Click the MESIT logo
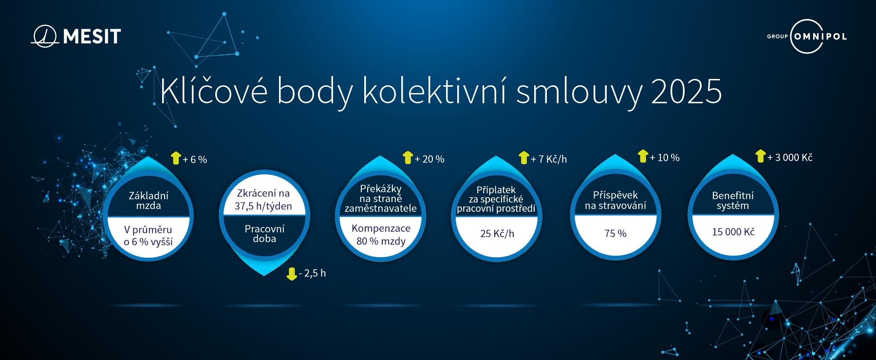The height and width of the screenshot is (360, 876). [76, 36]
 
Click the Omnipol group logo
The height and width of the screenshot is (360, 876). [807, 36]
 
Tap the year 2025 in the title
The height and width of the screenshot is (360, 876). [686, 91]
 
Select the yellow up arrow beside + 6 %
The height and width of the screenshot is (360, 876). [176, 158]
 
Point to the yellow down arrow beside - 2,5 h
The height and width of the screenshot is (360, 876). [292, 274]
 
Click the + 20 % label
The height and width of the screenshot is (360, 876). [429, 159]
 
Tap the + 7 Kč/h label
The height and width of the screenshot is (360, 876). [549, 159]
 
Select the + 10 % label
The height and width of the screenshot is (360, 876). [665, 158]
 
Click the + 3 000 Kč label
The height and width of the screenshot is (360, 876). [790, 157]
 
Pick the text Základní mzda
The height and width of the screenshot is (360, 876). [149, 201]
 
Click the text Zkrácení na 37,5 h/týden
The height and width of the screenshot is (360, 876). [263, 200]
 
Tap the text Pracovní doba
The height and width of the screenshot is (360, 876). [264, 234]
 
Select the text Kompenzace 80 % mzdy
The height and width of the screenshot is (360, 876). [381, 235]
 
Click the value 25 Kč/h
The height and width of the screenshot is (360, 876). [497, 234]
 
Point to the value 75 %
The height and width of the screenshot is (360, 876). [615, 234]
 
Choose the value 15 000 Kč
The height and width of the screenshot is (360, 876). [733, 232]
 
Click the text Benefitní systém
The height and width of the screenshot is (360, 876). [733, 201]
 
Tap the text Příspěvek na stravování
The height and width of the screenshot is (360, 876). [615, 201]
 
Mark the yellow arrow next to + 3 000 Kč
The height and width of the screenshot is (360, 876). [760, 156]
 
